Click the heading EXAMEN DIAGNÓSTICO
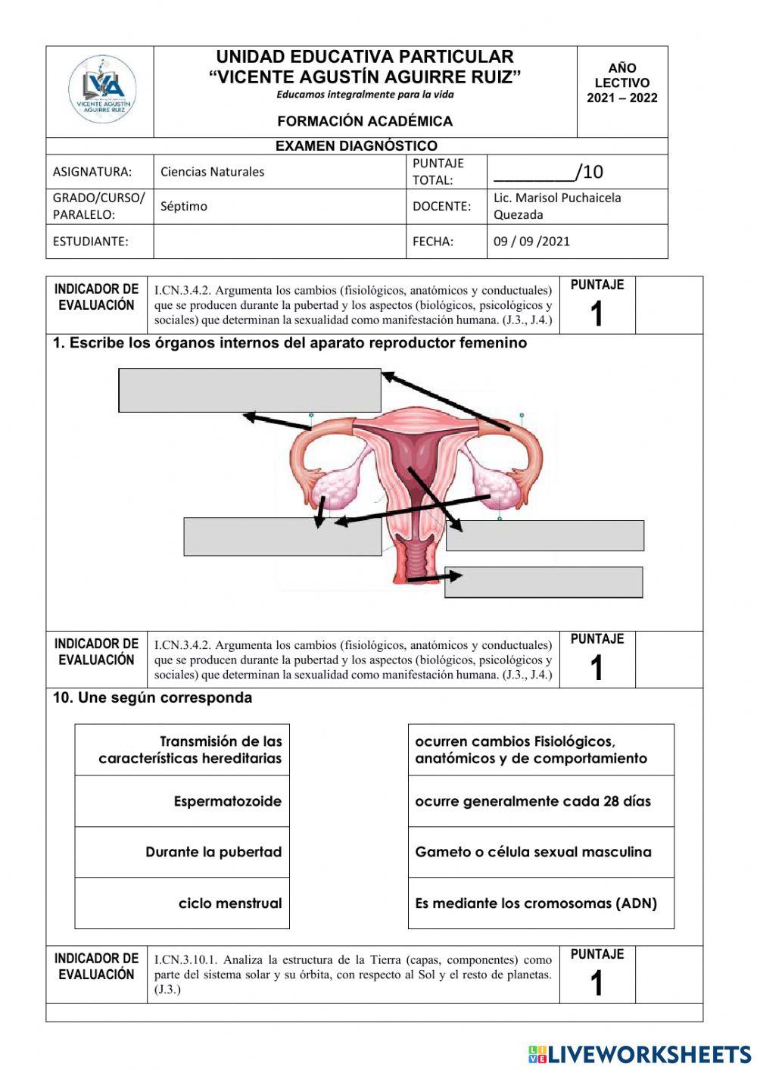(x=356, y=146)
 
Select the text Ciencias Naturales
(x=213, y=172)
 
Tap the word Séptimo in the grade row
(x=184, y=206)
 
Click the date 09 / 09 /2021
(x=531, y=242)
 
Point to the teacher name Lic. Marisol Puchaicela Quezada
(x=557, y=206)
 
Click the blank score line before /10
(x=534, y=173)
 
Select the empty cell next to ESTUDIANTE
(x=279, y=242)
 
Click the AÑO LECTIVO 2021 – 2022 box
(x=621, y=83)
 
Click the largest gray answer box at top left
(x=249, y=390)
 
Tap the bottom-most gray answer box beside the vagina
(x=544, y=582)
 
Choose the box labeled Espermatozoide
(x=182, y=801)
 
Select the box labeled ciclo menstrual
(x=182, y=903)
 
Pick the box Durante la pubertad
(x=182, y=852)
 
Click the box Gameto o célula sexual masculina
(x=540, y=852)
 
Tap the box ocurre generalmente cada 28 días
(x=540, y=801)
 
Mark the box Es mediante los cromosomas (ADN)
(x=540, y=903)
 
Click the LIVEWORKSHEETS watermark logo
(x=640, y=1054)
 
